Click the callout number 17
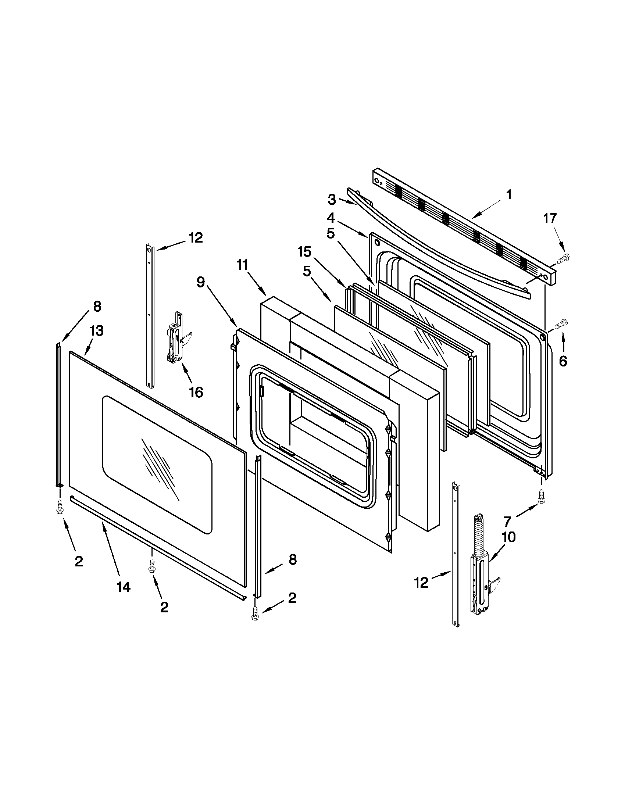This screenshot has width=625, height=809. [x=550, y=218]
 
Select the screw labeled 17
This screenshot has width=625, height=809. [x=564, y=257]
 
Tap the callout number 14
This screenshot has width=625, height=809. [x=124, y=587]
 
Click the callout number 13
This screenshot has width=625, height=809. [x=96, y=331]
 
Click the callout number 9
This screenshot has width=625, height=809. [x=200, y=282]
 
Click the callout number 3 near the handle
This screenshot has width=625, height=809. [x=332, y=200]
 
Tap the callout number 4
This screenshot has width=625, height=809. [x=330, y=217]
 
